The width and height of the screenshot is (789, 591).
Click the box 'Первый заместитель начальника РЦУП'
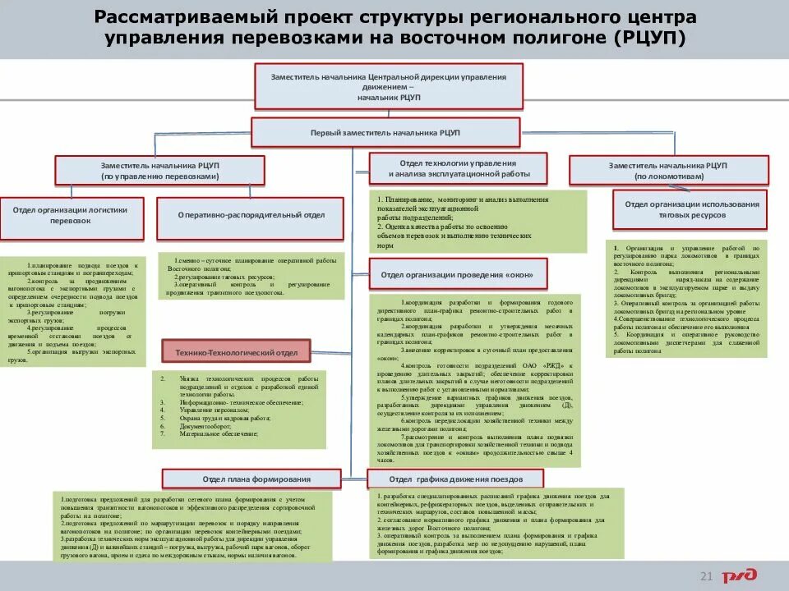click(x=385, y=132)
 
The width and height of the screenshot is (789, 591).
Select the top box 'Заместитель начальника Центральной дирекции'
click(x=388, y=86)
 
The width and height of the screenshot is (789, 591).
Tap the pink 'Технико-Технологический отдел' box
click(x=236, y=353)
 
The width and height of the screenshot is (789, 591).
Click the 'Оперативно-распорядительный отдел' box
click(x=250, y=215)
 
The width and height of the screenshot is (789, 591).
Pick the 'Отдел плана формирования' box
click(x=251, y=479)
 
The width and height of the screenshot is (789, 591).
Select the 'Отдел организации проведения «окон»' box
click(x=455, y=273)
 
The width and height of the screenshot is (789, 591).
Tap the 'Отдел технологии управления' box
click(x=458, y=169)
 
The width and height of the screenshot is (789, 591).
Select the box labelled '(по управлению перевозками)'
click(x=159, y=171)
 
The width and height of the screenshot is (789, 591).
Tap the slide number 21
click(x=704, y=575)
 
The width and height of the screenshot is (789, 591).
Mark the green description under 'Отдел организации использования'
click(x=686, y=299)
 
